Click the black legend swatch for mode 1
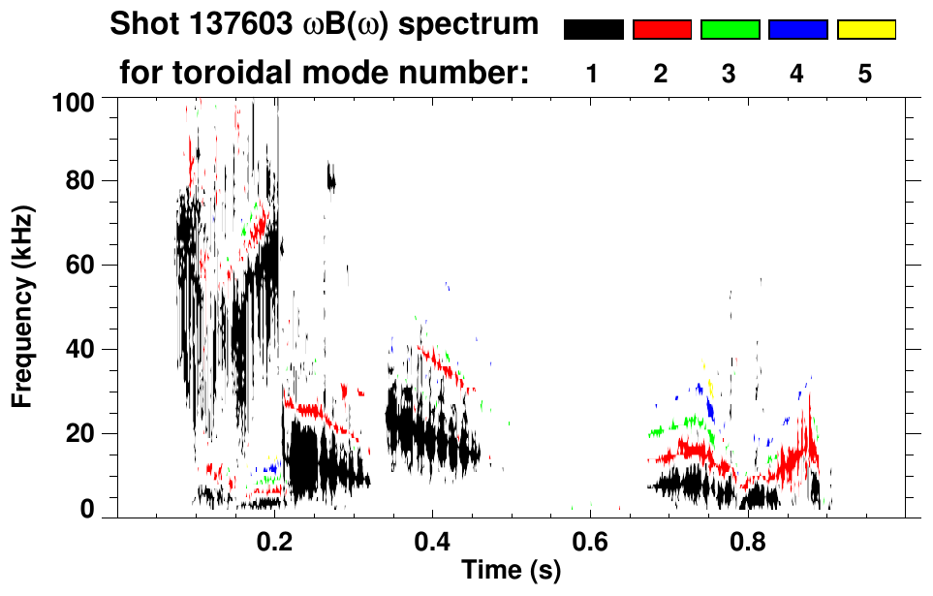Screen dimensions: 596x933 coord(593,30)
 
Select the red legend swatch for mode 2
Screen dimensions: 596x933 coord(662,30)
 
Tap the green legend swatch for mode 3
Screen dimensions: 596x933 coord(730,30)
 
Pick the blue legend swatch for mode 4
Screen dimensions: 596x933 coord(797,30)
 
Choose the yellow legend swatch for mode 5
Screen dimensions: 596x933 coord(865,30)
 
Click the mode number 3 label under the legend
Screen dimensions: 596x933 coord(729,74)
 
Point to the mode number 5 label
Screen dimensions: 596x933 coord(865,74)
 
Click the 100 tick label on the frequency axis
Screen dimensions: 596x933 coord(75,101)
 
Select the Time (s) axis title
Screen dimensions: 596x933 coord(510,571)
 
